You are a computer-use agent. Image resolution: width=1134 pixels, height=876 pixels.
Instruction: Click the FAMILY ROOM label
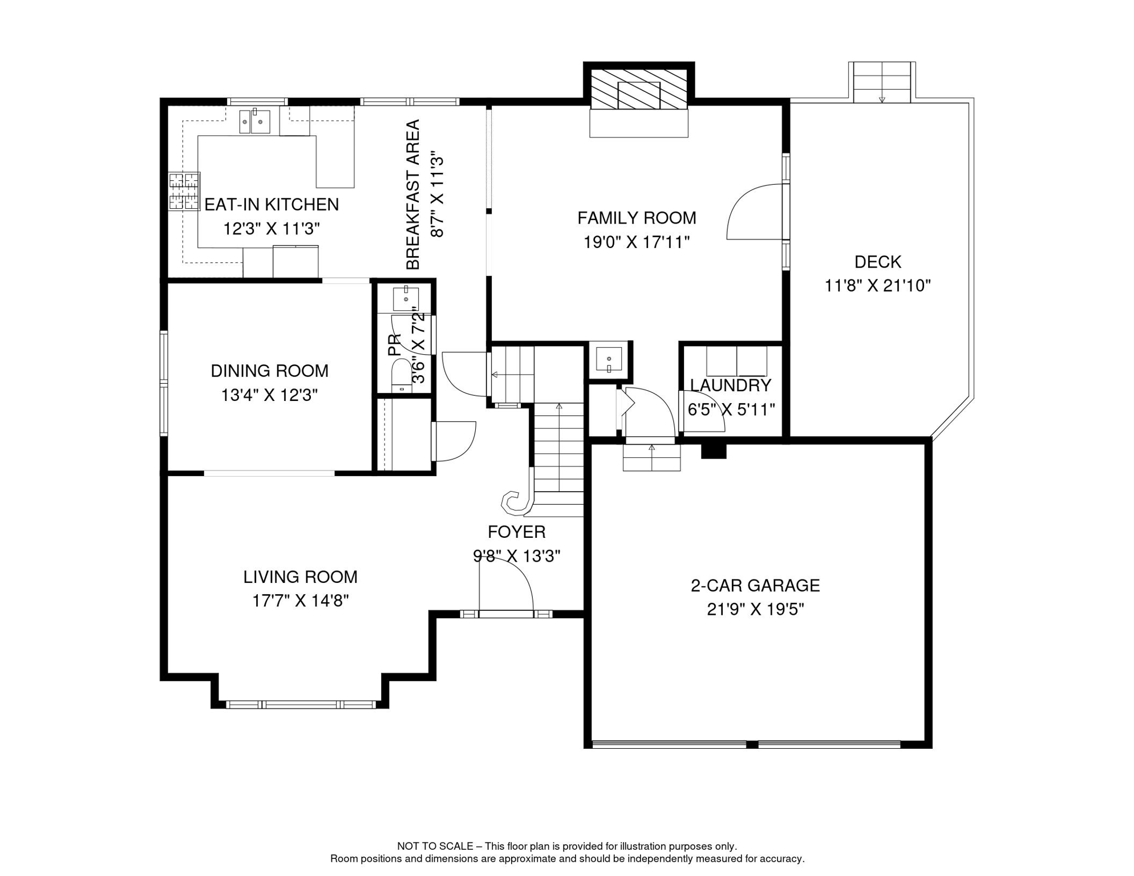pos(637,218)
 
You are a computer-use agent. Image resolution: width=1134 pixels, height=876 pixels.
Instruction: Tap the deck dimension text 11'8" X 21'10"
pos(877,286)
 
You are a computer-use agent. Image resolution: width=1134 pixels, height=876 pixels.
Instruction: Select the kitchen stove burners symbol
pos(184,191)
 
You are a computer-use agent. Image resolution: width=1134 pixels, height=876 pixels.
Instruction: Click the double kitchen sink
pos(254,121)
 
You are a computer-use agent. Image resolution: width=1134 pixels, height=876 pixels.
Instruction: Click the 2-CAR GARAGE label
pos(755,586)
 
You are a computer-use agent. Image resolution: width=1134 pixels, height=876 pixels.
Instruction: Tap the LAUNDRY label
pos(730,386)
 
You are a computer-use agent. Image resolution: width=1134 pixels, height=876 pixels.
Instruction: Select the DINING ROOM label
pos(270,371)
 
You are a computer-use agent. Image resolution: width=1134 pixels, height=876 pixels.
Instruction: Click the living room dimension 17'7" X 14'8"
pos(301,601)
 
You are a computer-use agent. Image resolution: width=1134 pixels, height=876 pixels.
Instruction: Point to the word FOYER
pos(517,532)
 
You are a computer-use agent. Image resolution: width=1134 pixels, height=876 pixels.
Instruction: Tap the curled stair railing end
pos(516,502)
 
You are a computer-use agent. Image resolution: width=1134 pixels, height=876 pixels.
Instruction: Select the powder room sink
pos(406,299)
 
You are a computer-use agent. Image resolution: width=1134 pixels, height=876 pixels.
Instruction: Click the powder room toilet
pos(402,376)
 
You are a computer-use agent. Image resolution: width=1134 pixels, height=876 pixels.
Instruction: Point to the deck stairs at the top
pos(882,83)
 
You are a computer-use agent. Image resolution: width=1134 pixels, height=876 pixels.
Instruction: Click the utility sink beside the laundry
pos(609,359)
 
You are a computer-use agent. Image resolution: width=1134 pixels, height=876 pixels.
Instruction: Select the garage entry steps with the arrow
pos(651,457)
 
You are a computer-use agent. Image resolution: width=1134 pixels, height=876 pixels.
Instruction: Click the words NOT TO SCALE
pos(435,846)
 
